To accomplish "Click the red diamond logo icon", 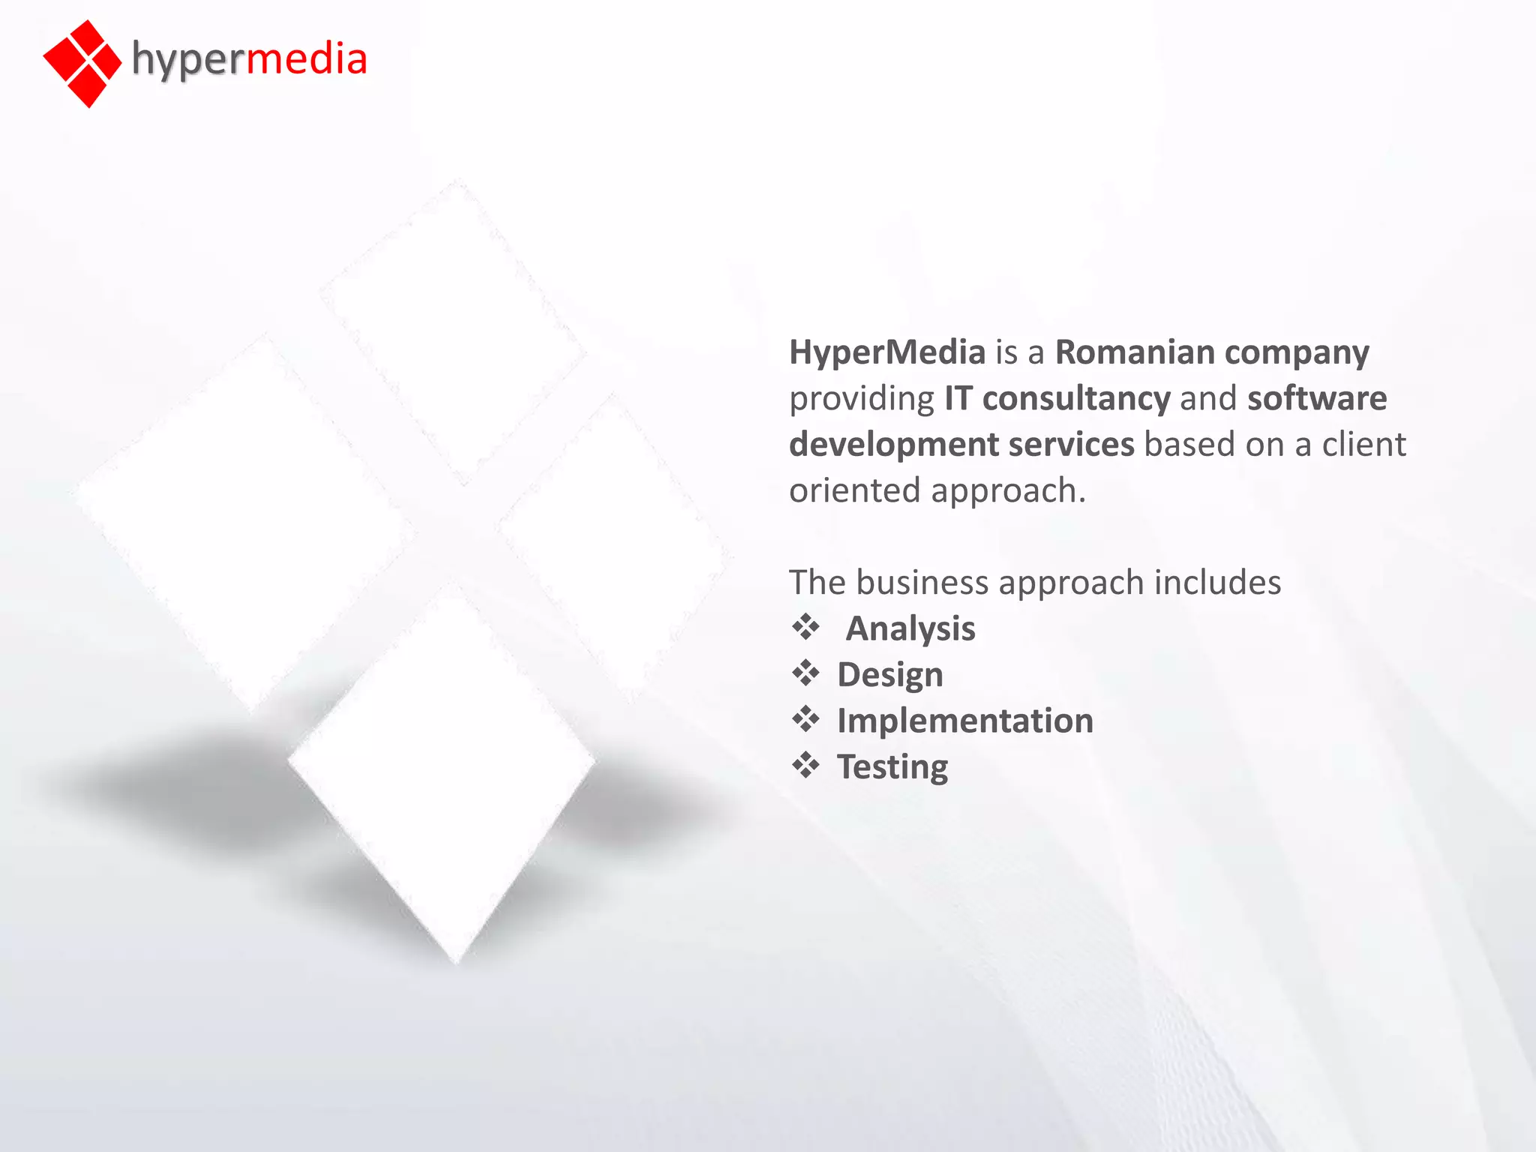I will (x=82, y=63).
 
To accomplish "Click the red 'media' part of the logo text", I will (x=306, y=58).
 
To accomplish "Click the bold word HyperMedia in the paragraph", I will (x=886, y=352).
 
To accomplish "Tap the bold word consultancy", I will (x=1075, y=398).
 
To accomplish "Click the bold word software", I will (x=1317, y=398).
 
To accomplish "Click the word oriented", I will (x=854, y=490).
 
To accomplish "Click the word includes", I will (x=1217, y=583).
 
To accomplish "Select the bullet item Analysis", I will (x=910, y=628).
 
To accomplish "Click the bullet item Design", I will (x=889, y=675).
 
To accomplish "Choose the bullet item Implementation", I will (x=964, y=721).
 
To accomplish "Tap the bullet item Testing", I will (x=892, y=767).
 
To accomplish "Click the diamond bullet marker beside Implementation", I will (x=805, y=719).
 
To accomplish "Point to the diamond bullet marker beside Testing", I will (x=805, y=765).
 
